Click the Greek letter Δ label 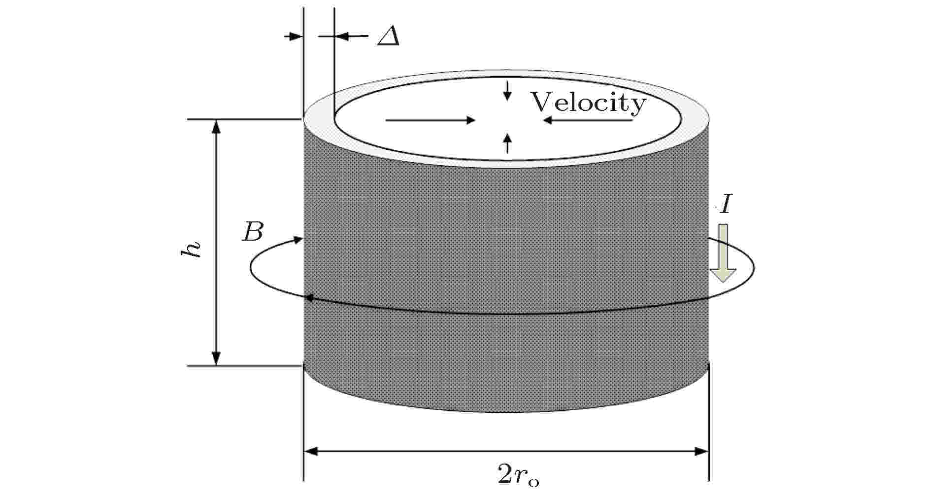point(388,36)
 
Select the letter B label point(253,232)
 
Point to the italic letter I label point(725,205)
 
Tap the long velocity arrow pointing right point(430,120)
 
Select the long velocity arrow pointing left point(587,120)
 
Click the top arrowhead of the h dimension point(216,127)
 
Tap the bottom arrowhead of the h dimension point(216,358)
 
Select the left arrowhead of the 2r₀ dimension point(311,451)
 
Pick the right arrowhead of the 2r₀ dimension point(701,451)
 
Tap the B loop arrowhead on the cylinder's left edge point(310,298)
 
